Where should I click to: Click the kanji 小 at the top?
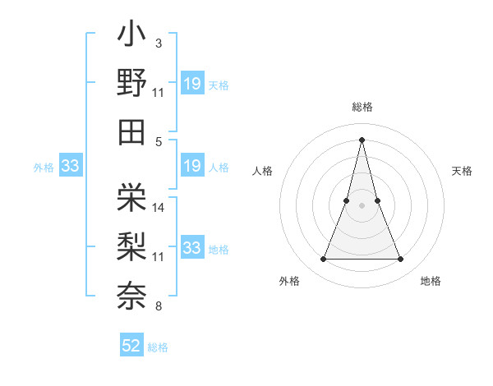[131, 36]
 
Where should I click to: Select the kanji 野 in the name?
[131, 83]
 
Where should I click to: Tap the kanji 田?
[131, 131]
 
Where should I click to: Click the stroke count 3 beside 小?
[158, 43]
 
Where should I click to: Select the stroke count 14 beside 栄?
[159, 208]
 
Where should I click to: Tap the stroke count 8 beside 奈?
[158, 306]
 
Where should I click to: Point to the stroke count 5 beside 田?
[158, 140]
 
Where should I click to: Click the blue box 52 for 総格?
[131, 346]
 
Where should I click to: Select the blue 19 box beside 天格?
[191, 84]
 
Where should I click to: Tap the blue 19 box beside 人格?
[191, 166]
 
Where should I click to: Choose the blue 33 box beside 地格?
[191, 248]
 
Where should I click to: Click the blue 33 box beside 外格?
[70, 167]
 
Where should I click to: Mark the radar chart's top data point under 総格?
[362, 139]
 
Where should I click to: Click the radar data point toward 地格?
[400, 260]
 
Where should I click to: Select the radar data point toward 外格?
[323, 260]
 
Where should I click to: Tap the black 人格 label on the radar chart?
[263, 171]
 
